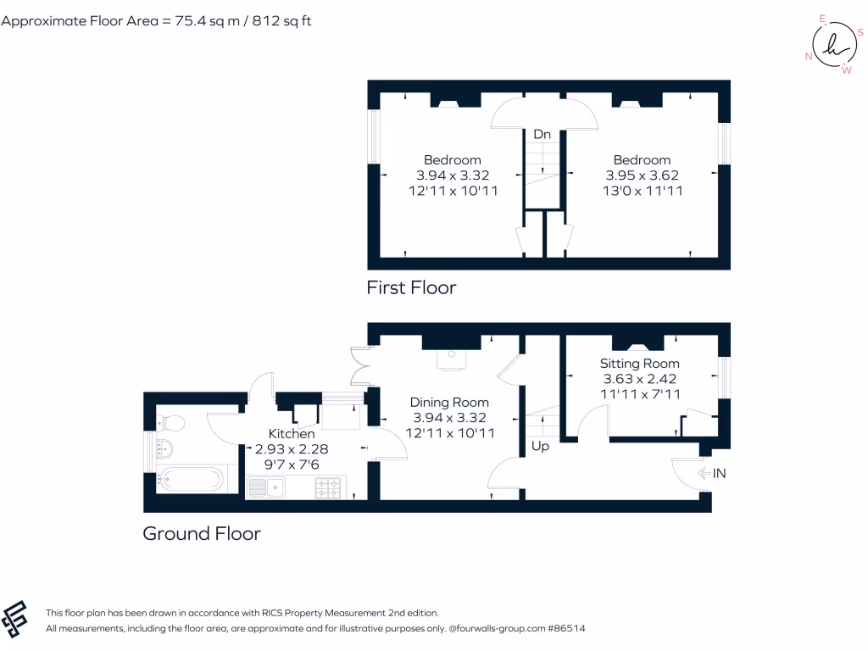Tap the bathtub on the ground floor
(x=191, y=480)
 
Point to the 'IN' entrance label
(x=719, y=474)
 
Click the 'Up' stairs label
(x=539, y=445)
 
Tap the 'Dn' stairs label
(x=542, y=134)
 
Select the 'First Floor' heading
(x=411, y=287)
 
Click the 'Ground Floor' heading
(x=201, y=533)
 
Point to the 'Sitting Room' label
(x=639, y=364)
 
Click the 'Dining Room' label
(x=449, y=402)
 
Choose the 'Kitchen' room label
(x=292, y=433)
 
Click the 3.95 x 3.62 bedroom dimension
(x=642, y=175)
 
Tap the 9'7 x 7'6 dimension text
(x=292, y=465)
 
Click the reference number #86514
(x=566, y=628)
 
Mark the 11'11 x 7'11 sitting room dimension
(x=639, y=394)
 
